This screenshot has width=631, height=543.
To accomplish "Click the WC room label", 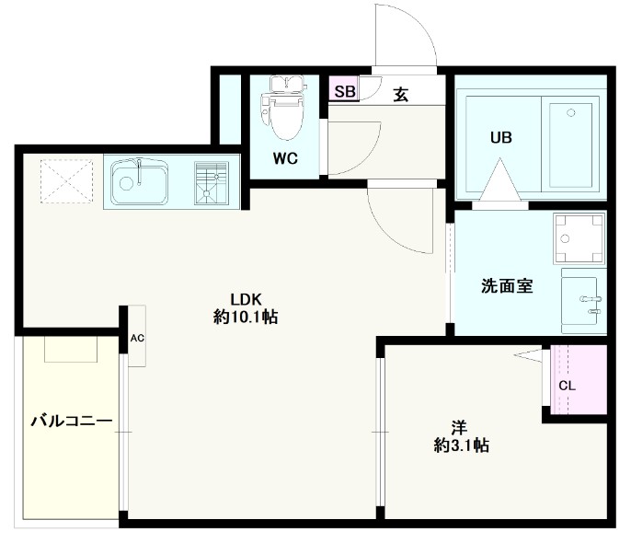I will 284,157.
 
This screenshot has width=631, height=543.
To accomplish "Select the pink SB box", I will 344,91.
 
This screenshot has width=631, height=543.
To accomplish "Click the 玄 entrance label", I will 401,93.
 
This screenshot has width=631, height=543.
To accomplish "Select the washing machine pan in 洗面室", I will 579,238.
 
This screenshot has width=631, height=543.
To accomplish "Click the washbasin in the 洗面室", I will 580,298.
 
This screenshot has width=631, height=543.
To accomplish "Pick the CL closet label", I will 568,385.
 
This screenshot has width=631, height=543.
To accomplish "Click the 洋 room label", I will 459,427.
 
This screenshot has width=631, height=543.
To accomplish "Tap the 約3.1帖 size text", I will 461,446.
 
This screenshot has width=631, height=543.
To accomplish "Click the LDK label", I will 247,298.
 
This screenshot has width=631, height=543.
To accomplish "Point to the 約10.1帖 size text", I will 247,318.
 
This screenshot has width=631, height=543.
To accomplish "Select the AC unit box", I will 137,338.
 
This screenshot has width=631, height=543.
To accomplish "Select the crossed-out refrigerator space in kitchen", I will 62,180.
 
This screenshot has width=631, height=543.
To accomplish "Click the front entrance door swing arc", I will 409,32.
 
